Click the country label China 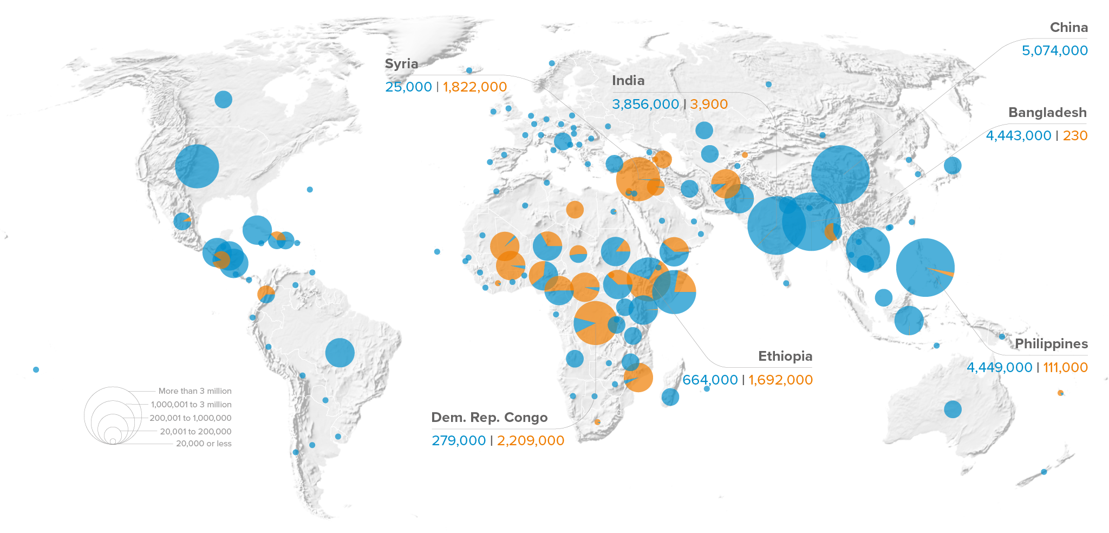1068,28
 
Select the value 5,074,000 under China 1054,51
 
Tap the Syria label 401,64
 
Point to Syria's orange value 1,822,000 474,87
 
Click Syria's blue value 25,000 408,87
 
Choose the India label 628,81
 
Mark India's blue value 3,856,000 645,105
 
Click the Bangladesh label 1047,113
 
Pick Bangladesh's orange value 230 1075,136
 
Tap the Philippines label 1051,344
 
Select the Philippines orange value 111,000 1065,368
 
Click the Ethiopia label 785,356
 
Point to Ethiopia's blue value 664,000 710,380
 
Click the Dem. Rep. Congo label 489,418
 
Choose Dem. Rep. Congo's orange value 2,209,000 530,441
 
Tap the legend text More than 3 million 195,391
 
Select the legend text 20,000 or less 204,444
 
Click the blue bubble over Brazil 340,353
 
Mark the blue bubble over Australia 953,409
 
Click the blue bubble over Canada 223,99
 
